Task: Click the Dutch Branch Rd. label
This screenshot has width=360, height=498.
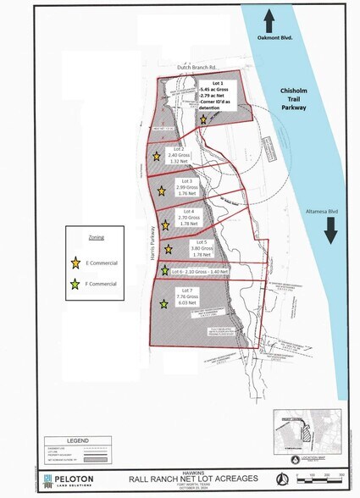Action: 197,67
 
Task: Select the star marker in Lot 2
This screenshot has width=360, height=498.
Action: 157,157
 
